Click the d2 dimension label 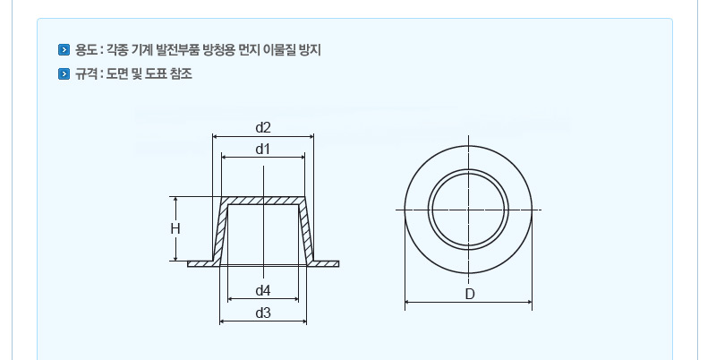(x=263, y=127)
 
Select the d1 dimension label (x=262, y=149)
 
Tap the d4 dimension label (x=263, y=290)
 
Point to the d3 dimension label (x=263, y=313)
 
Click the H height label (x=175, y=229)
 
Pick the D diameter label (x=470, y=295)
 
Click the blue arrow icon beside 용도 (x=64, y=50)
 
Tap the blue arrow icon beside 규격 (x=64, y=73)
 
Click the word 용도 (x=86, y=50)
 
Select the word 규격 (x=86, y=73)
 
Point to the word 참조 (x=181, y=73)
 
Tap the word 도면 (x=117, y=73)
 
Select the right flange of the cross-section (x=323, y=263)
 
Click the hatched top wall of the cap (x=263, y=201)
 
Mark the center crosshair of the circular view (x=468, y=210)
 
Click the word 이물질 (x=279, y=50)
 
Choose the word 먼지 (x=250, y=50)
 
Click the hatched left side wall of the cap (x=221, y=231)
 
